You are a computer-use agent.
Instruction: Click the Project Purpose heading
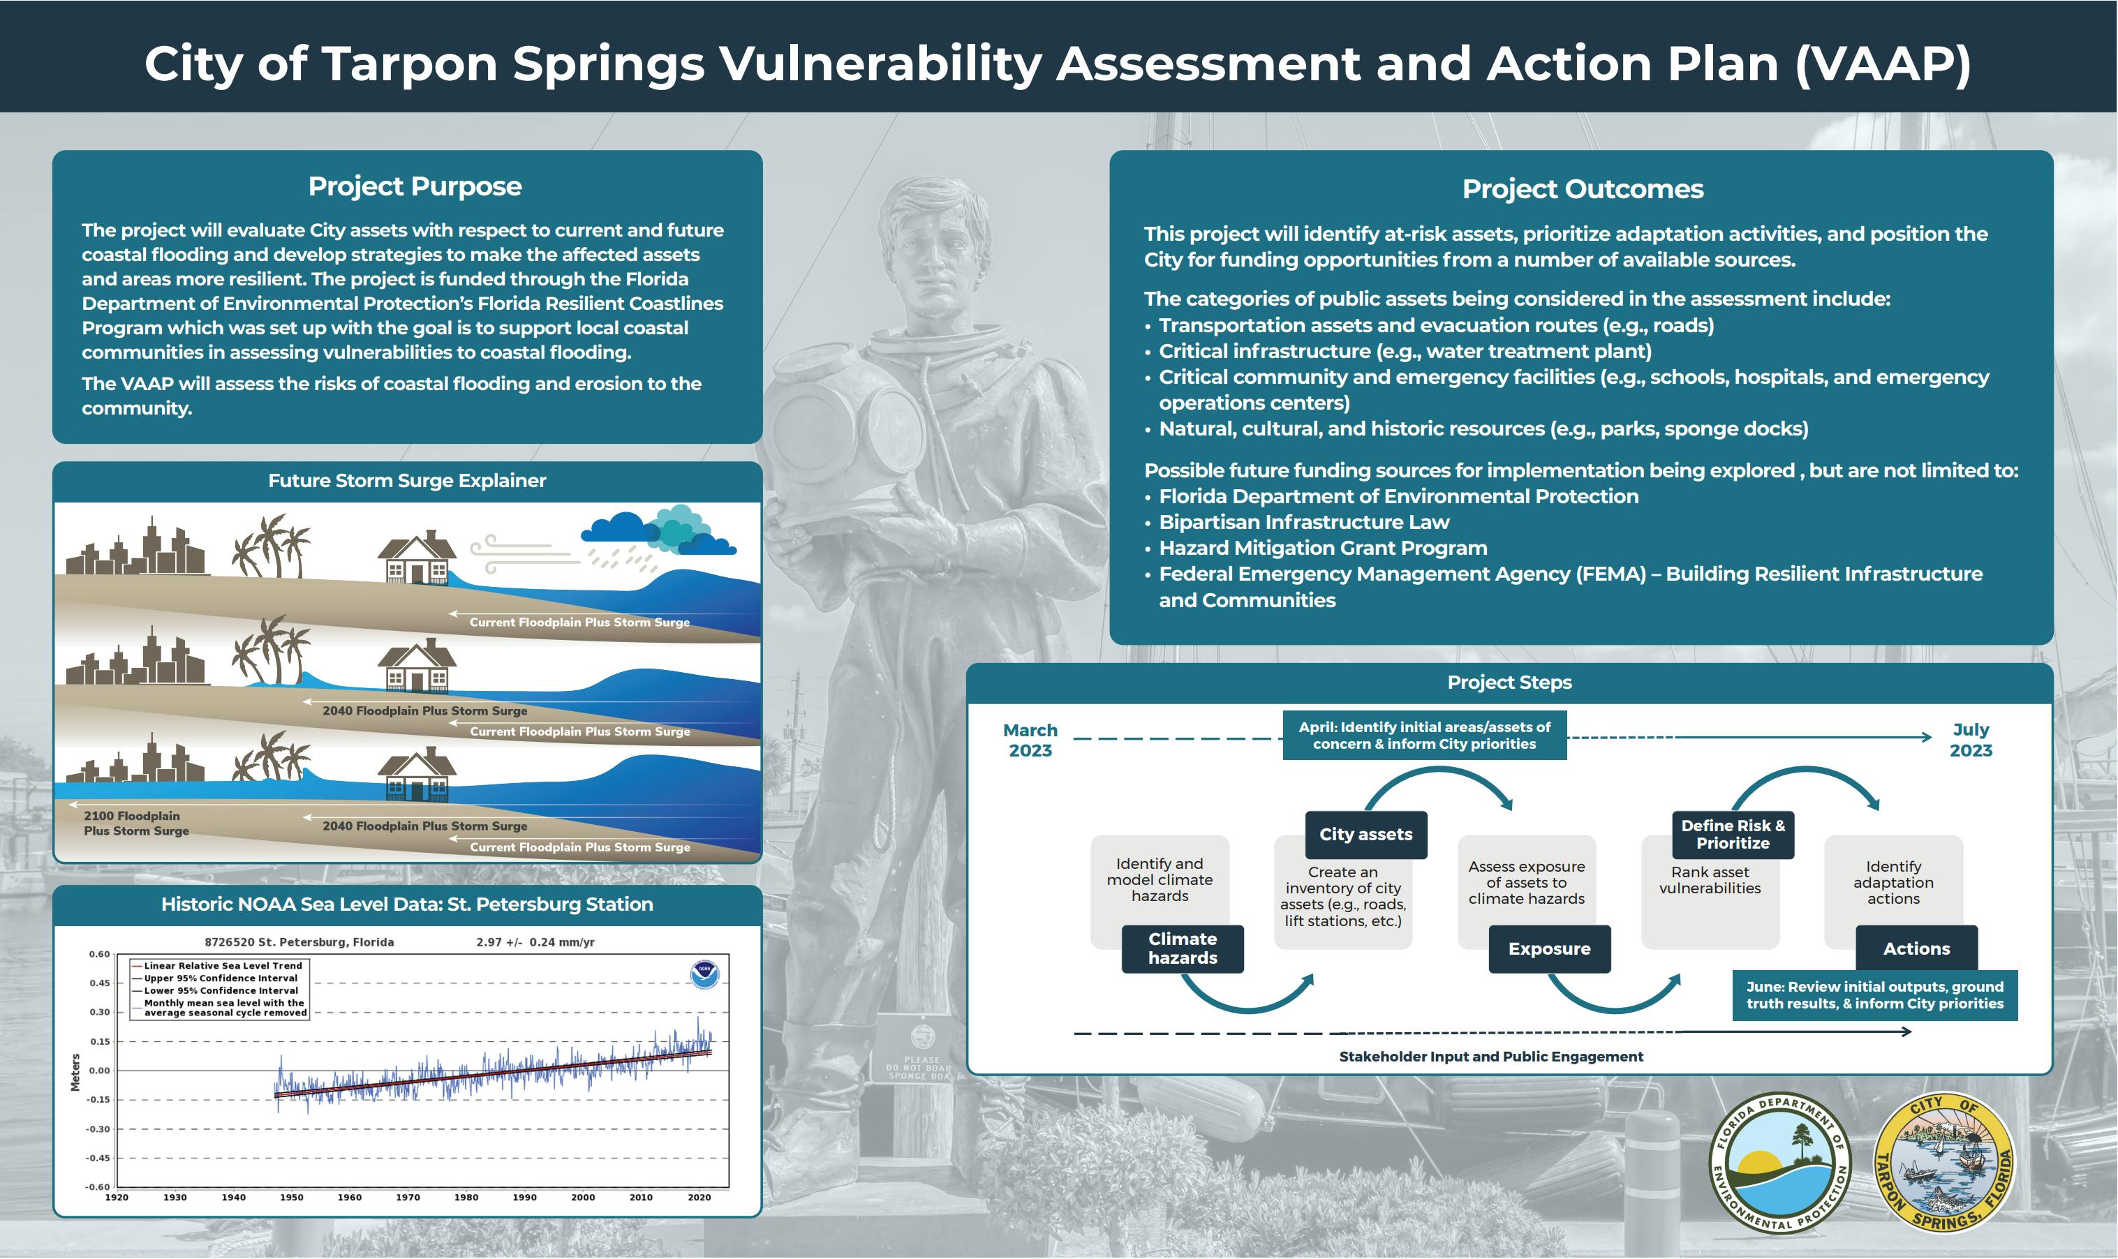click(414, 186)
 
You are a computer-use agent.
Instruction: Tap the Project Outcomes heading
click(1582, 189)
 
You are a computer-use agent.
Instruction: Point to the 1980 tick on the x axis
click(466, 1197)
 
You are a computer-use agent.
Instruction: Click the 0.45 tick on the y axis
click(99, 983)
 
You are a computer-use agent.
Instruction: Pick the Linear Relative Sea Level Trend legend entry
click(222, 965)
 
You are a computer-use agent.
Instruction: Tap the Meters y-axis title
click(75, 1073)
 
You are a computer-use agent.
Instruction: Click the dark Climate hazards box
click(1182, 948)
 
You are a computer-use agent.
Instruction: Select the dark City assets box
click(1365, 835)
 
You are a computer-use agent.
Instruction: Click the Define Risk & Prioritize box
click(1733, 835)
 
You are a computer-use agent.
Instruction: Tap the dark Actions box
click(1916, 948)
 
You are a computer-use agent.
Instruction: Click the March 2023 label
click(1030, 740)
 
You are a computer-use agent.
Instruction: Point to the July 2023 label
click(1970, 740)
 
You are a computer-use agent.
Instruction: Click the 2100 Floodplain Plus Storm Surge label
click(135, 823)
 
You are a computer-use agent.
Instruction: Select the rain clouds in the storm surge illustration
click(658, 532)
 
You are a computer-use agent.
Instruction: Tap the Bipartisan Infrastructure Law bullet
click(1303, 523)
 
